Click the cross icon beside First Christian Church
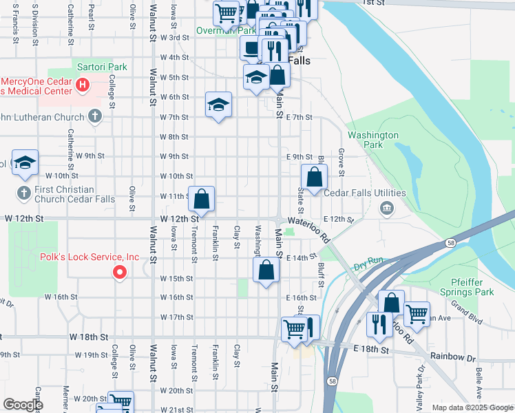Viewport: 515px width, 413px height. (x=23, y=193)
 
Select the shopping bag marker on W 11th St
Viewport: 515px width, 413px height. (x=201, y=200)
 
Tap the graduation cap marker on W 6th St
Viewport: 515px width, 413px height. (x=218, y=105)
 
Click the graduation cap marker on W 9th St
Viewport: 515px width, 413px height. (x=25, y=163)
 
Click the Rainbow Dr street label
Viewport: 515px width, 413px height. (x=453, y=357)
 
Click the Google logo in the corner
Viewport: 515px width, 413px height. (x=23, y=404)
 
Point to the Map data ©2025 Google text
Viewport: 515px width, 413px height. (x=472, y=407)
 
